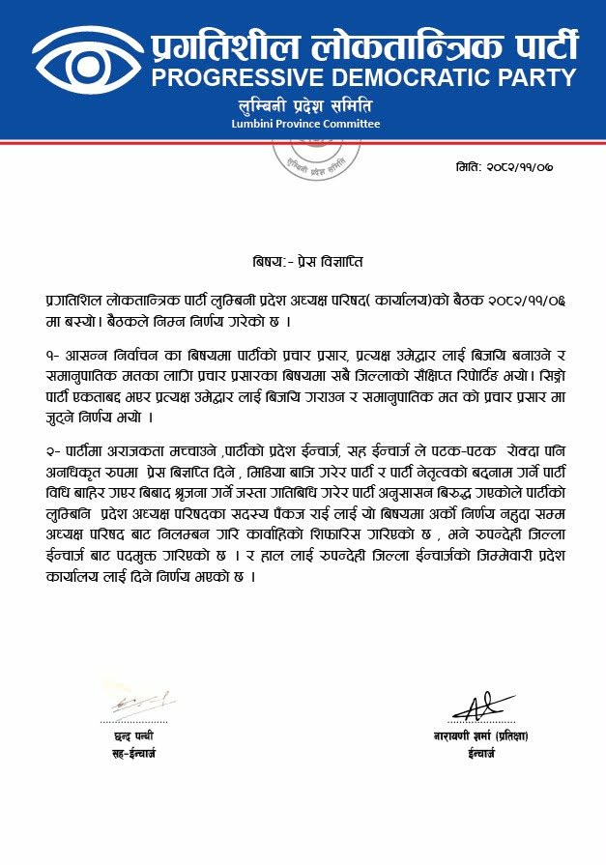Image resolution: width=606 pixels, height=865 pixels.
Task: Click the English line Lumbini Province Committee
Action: [x=305, y=124]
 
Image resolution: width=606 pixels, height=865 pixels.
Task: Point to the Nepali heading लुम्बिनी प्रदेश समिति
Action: [x=304, y=105]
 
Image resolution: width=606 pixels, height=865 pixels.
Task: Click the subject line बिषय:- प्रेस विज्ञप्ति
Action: [x=303, y=261]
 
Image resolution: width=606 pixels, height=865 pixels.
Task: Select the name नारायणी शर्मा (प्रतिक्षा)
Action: [x=480, y=736]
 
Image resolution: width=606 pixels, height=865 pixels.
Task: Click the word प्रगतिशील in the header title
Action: [x=223, y=43]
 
